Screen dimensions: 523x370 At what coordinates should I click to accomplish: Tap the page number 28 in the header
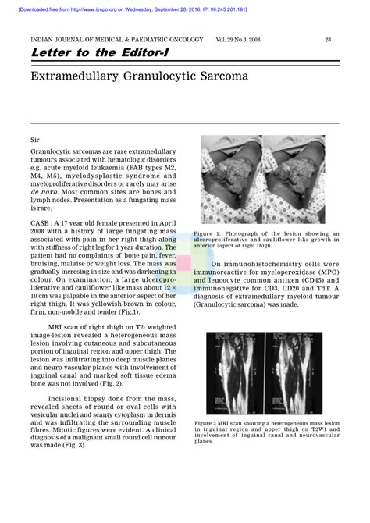click(x=329, y=39)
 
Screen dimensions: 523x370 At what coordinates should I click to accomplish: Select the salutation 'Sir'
click(x=36, y=137)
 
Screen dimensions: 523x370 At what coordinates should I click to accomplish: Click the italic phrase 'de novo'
click(x=44, y=191)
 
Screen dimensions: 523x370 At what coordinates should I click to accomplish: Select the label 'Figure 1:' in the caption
click(x=208, y=233)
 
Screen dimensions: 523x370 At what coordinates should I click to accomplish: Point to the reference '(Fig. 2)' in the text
click(x=109, y=384)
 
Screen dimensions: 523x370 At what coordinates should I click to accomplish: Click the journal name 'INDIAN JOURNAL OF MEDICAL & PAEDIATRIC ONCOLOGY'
click(x=117, y=39)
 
